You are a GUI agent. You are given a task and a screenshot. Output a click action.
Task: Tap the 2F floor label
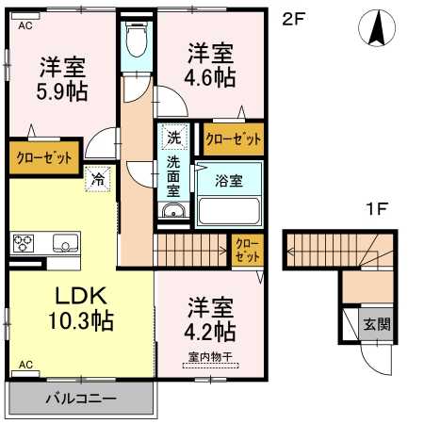(x=294, y=19)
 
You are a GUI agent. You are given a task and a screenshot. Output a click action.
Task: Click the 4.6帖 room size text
(x=209, y=77)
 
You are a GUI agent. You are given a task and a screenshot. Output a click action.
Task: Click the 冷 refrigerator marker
(x=97, y=176)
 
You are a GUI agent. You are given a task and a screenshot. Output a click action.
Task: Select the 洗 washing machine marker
(x=173, y=137)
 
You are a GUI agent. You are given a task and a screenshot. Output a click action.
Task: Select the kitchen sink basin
(x=65, y=243)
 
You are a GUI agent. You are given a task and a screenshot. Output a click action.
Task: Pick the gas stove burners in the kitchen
(x=24, y=243)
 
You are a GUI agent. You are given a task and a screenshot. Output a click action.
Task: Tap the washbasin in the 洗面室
(x=171, y=213)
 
